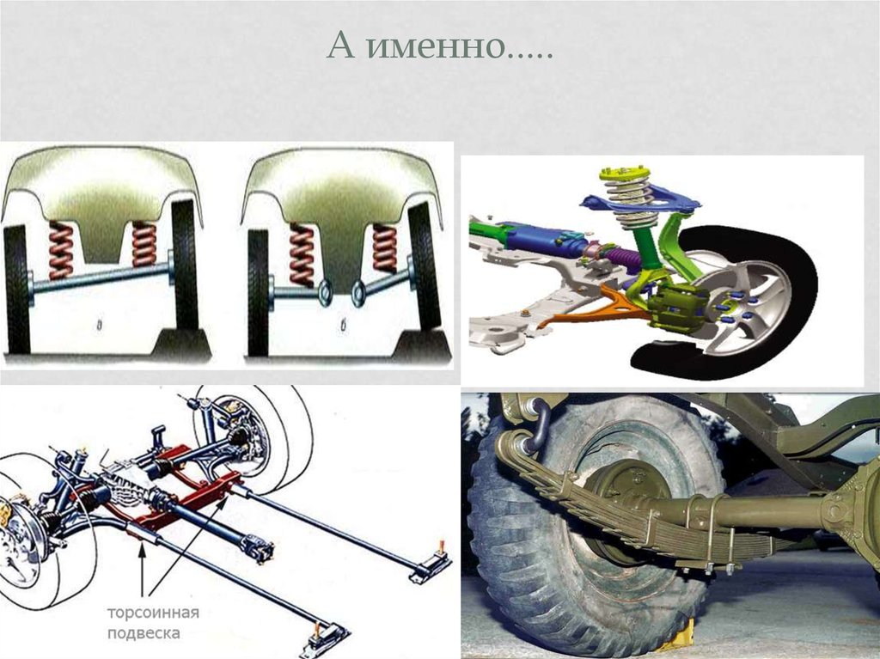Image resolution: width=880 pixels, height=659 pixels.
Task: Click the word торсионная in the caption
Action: coord(153,613)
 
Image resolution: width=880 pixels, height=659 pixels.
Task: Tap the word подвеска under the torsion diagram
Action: coord(144,634)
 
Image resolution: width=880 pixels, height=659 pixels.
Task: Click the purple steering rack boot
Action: coord(623,257)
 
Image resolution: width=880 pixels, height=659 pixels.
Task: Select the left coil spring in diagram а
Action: coord(61,250)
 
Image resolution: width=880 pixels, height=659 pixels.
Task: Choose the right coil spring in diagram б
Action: coord(385,248)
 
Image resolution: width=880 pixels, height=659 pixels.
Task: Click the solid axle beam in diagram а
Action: coord(101,278)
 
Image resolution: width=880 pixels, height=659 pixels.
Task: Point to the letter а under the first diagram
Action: coord(100,325)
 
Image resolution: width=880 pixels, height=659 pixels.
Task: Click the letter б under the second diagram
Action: coord(342,326)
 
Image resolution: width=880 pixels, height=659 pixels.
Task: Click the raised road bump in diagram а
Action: coord(180,343)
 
